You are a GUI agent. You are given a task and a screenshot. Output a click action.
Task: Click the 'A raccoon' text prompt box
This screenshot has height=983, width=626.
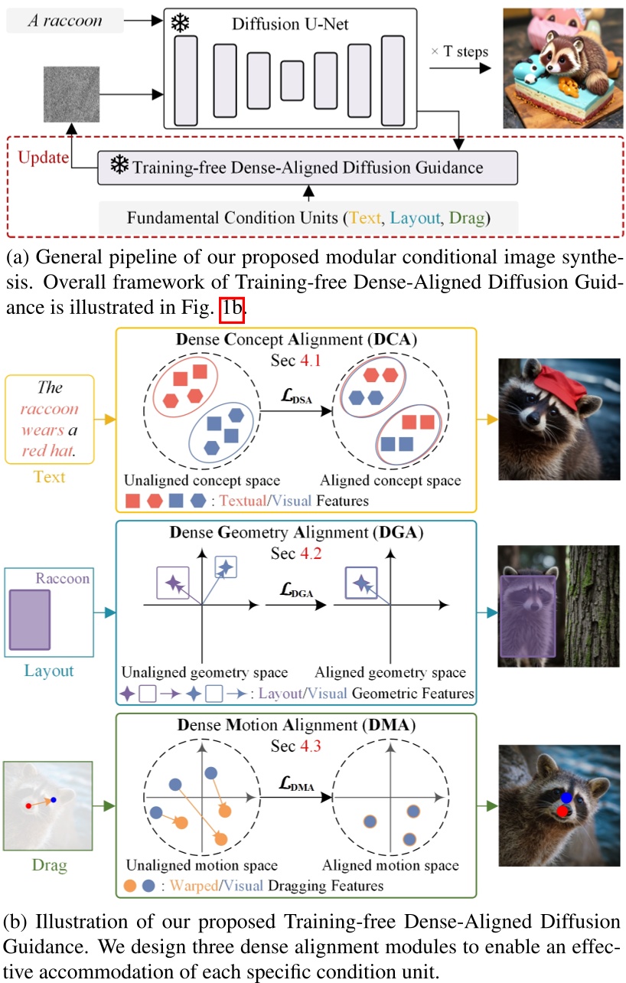[64, 21]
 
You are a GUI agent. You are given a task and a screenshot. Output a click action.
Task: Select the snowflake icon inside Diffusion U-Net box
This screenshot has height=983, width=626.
[181, 24]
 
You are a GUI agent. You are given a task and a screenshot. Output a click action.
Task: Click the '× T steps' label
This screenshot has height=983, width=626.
[460, 52]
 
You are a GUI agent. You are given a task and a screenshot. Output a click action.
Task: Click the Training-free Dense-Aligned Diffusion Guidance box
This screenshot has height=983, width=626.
[308, 167]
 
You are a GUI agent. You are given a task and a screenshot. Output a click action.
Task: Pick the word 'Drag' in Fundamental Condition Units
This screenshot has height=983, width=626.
[468, 217]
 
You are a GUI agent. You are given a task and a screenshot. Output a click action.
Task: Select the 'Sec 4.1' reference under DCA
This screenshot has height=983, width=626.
[295, 360]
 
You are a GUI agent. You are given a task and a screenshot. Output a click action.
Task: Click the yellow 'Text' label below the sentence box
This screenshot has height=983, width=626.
[50, 476]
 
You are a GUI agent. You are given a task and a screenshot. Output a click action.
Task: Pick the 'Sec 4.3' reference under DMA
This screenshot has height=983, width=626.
[296, 744]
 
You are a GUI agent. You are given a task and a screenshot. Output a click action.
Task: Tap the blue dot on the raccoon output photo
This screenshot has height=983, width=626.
[567, 797]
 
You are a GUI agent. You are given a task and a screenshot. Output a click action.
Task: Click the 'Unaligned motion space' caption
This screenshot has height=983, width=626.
[202, 866]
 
